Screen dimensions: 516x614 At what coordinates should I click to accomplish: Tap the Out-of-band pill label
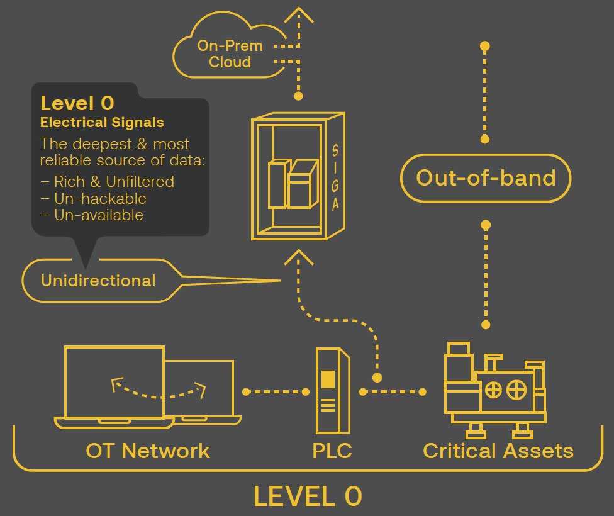coord(486,178)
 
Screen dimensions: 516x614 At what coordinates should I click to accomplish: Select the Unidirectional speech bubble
coord(98,281)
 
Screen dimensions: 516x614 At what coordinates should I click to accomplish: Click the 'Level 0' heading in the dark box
coord(77,103)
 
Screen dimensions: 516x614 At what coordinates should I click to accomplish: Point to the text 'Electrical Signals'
coord(102,122)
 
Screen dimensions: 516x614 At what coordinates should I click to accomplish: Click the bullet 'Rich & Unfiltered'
coord(108,182)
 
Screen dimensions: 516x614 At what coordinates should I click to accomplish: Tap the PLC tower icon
coord(332,391)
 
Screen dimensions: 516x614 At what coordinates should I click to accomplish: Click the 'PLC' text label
coord(332,451)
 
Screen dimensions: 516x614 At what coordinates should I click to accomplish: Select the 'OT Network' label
coord(148,451)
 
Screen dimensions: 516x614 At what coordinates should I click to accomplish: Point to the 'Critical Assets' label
coord(498,451)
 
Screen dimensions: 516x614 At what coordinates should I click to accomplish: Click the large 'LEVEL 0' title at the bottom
coord(308,496)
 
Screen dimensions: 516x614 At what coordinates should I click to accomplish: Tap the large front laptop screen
coord(114,381)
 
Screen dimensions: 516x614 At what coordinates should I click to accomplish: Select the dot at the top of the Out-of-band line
coord(485,46)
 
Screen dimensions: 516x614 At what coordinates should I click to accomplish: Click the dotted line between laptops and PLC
coord(276,391)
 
